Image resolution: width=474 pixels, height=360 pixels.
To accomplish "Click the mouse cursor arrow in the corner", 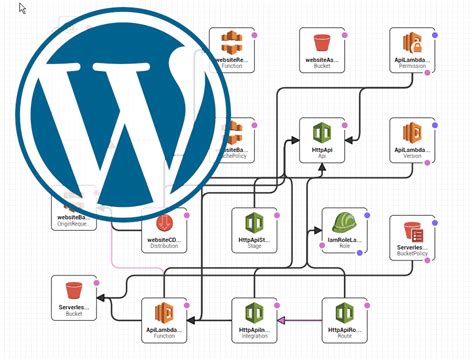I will point(21,8).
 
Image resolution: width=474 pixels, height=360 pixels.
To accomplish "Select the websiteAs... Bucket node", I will point(322,51).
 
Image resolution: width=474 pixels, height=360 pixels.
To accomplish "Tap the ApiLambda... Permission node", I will point(412,51).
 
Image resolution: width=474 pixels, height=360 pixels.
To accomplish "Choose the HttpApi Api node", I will point(322,141).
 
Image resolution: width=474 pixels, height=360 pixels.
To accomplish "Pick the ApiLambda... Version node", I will point(412,141).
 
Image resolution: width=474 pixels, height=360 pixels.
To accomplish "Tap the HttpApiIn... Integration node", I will point(253,320).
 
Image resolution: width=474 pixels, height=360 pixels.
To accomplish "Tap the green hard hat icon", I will point(344,221).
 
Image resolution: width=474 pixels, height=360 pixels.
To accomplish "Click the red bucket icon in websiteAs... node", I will point(322,43).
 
